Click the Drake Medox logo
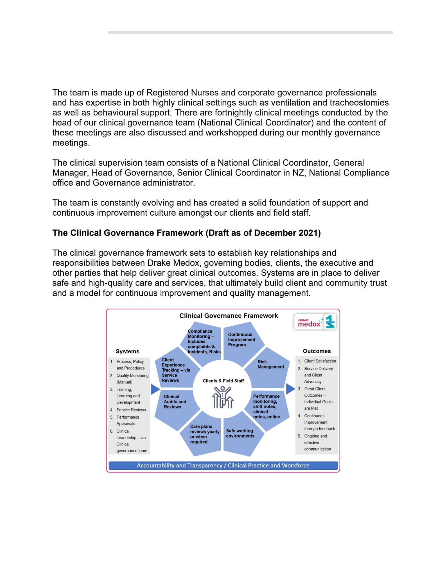click(315, 322)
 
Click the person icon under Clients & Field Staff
click(223, 398)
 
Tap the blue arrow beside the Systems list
click(155, 389)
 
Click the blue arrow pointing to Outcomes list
click(290, 389)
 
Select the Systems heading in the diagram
click(127, 352)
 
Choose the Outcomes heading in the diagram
click(317, 351)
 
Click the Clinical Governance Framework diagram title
click(229, 316)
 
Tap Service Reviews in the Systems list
click(131, 410)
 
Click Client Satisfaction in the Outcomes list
click(320, 361)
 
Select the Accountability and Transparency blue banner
click(223, 466)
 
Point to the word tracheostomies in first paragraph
click(359, 103)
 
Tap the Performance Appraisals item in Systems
click(128, 420)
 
